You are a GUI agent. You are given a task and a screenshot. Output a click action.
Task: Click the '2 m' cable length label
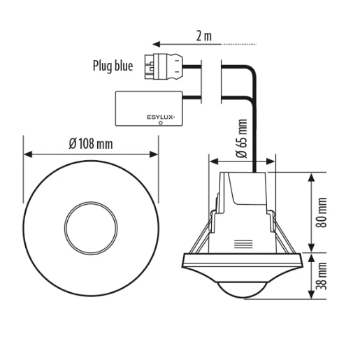click(x=205, y=36)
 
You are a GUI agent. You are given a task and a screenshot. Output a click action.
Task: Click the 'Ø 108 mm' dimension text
click(x=91, y=144)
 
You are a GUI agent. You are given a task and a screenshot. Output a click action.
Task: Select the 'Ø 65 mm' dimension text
click(x=241, y=141)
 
